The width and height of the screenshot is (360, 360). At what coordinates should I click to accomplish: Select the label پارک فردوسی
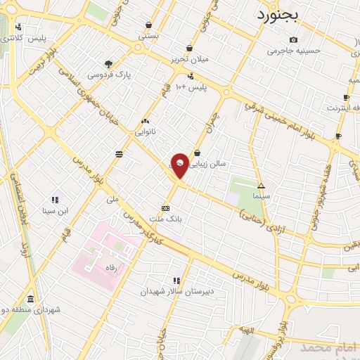coord(109,74)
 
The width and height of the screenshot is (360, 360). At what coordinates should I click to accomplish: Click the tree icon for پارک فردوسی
coord(108,63)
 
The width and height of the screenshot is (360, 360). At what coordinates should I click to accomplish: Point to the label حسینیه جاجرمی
coord(292,51)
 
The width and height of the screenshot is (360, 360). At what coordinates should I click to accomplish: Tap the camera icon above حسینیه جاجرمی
coord(293,39)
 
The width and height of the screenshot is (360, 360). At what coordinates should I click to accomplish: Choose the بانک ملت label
coord(167,219)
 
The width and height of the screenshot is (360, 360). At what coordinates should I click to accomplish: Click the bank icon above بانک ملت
coord(166,208)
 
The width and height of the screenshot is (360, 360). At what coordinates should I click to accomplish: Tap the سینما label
coord(262,198)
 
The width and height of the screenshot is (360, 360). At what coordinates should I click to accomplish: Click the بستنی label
coord(148,35)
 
